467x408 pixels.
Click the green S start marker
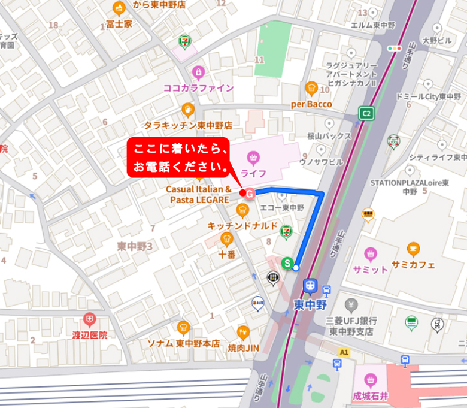pos(287,262)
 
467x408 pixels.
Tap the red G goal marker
pos(250,194)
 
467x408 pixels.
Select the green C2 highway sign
pos(366,113)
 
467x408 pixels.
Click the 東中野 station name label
pos(310,304)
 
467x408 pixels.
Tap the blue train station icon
pos(310,286)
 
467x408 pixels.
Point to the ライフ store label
pos(253,173)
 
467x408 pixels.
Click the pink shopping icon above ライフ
pos(253,158)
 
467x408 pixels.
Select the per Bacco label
pos(311,104)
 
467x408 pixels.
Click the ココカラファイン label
pos(198,88)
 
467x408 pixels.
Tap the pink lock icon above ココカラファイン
pos(198,72)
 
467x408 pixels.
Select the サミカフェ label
pos(413,265)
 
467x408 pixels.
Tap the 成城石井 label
pos(370,396)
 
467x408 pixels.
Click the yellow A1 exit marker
pos(343,352)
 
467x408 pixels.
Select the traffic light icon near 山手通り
pos(395,48)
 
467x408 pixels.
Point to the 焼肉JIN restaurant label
pos(243,347)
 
